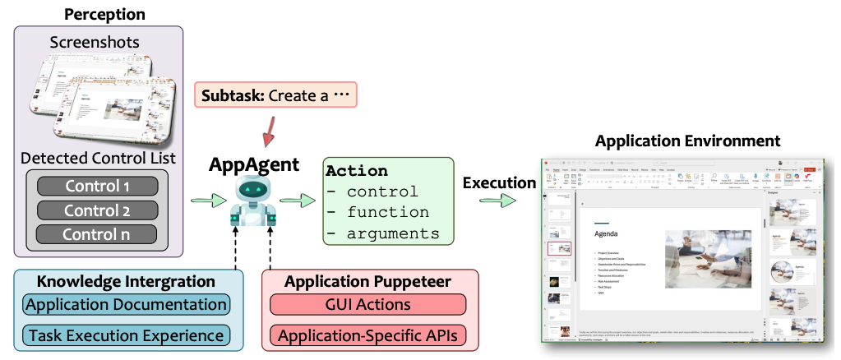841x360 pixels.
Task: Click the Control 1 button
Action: click(98, 186)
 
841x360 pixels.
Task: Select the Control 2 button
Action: click(98, 210)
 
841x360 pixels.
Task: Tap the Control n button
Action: click(98, 234)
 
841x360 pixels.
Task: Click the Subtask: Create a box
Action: click(275, 96)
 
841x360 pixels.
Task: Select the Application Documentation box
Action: click(125, 305)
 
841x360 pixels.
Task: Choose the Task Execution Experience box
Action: click(125, 335)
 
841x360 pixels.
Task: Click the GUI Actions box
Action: click(367, 305)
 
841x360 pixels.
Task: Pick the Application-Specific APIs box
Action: click(367, 335)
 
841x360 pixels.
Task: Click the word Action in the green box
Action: click(357, 171)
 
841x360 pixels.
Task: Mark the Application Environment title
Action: click(687, 141)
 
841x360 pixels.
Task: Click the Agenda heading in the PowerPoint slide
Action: click(606, 233)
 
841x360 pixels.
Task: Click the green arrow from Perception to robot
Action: click(208, 200)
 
